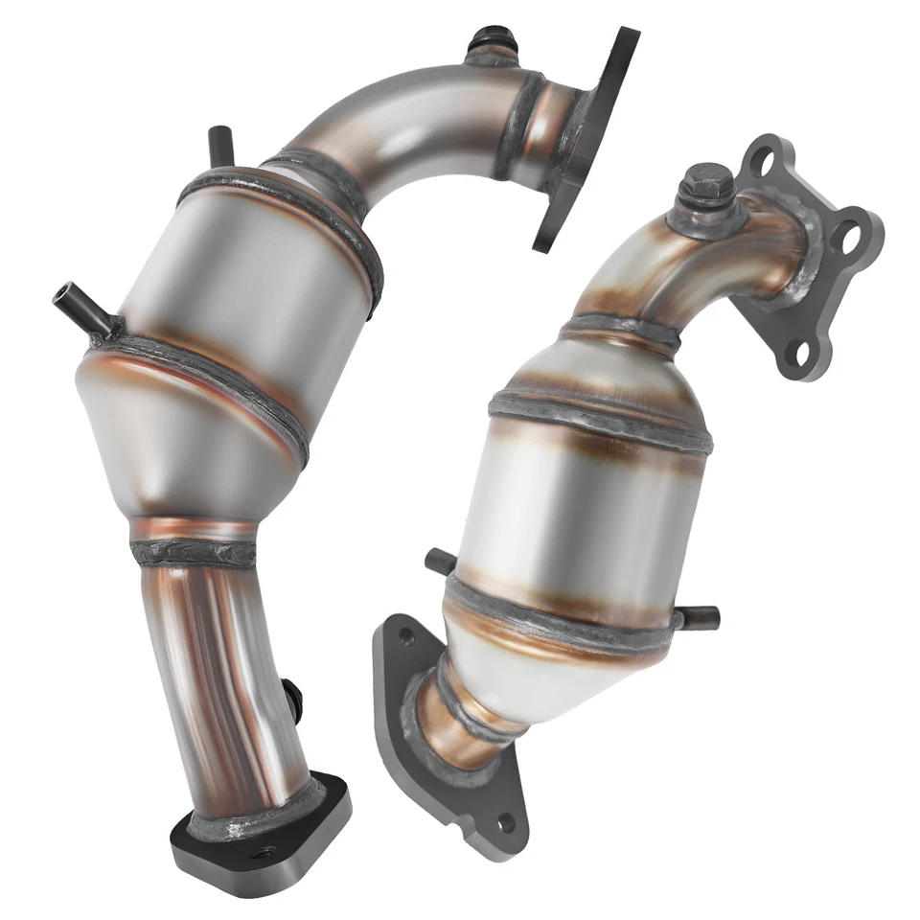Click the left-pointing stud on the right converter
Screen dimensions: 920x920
[440, 562]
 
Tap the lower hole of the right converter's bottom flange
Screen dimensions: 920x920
[505, 822]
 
